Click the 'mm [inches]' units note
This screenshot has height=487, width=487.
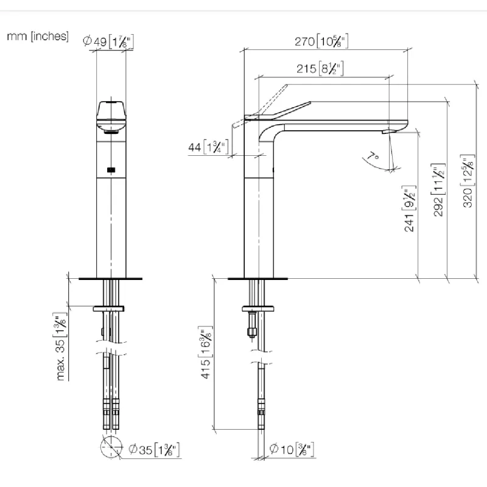pos(37,37)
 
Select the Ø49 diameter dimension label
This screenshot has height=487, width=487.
pos(108,41)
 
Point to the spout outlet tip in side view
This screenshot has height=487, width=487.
pos(387,130)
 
